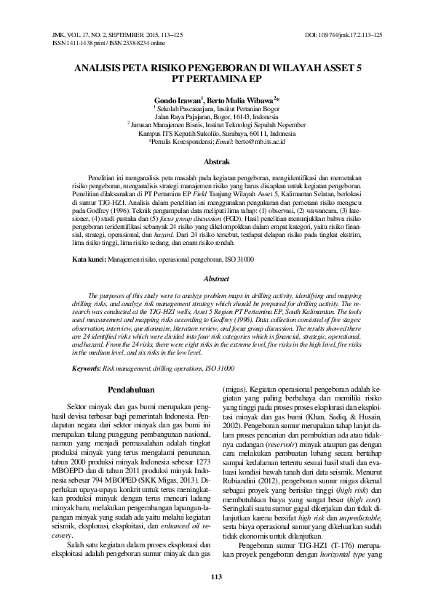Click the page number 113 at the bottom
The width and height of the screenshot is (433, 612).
tap(215, 577)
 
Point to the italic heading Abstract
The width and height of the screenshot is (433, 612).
tap(215, 278)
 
